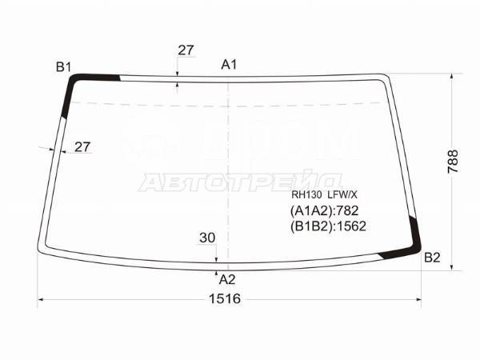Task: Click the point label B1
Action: coord(64,67)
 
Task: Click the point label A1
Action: coord(229,65)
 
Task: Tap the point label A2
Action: coord(227,279)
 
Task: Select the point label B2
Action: coord(432,258)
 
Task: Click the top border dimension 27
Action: coord(186,50)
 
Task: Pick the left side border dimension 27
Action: coord(82,146)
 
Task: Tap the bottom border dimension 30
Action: coord(207,238)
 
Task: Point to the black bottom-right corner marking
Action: coord(409,244)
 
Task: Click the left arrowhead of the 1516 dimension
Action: coord(42,300)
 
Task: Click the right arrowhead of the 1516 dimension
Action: coord(419,300)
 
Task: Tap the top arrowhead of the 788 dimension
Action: coord(454,77)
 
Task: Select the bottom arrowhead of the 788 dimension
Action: coord(454,267)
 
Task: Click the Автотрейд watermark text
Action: coord(240,181)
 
